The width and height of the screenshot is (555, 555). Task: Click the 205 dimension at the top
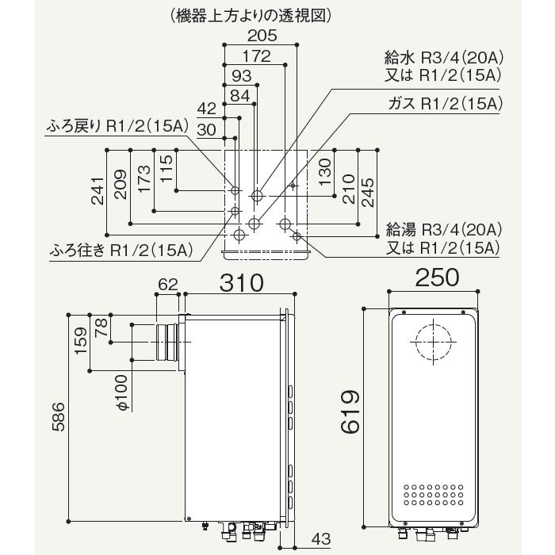tap(261, 36)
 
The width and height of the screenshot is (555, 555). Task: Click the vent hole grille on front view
tap(433, 494)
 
